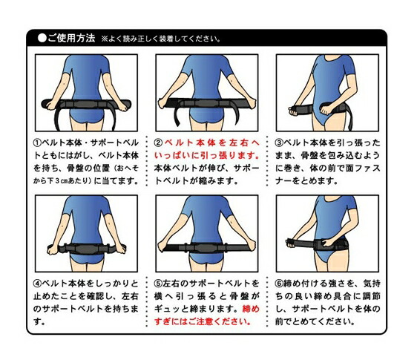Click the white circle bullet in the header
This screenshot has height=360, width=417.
[x=42, y=38]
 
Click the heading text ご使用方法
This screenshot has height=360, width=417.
[x=71, y=38]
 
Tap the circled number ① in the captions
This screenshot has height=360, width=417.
[x=37, y=143]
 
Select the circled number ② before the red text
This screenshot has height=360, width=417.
[x=158, y=143]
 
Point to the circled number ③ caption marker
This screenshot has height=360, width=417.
[x=279, y=143]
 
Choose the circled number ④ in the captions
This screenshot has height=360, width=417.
[x=37, y=284]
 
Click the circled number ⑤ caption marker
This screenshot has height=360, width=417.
[x=158, y=284]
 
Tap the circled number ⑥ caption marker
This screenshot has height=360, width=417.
[x=279, y=284]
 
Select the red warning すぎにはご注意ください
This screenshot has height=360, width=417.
[x=203, y=321]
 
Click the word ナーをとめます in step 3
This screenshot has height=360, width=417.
[x=306, y=181]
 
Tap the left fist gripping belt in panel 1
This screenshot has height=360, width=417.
[x=49, y=105]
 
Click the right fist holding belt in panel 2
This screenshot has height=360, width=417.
[x=252, y=103]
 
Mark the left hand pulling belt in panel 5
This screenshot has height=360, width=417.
[x=163, y=246]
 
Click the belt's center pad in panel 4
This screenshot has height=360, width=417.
[x=85, y=249]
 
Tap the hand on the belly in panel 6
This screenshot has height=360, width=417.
[x=328, y=243]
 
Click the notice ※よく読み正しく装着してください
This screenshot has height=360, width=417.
[x=161, y=39]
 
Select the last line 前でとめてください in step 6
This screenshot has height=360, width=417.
[x=315, y=322]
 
